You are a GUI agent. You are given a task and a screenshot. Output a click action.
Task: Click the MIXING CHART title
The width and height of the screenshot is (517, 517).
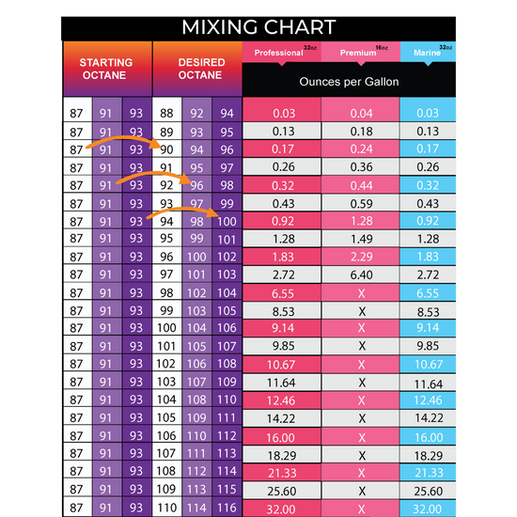(258, 25)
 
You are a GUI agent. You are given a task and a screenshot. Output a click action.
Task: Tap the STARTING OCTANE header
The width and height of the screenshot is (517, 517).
(106, 70)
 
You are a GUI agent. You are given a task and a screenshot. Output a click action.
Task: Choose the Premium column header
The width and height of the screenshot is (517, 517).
(360, 53)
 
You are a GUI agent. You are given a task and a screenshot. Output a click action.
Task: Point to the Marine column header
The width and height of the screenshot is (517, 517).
(428, 53)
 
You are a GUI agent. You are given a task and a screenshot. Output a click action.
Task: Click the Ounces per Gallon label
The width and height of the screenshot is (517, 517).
(349, 82)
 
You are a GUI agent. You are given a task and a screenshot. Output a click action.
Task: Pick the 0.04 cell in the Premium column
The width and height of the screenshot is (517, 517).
(361, 113)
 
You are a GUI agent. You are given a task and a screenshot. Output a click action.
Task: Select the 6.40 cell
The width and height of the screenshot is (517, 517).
(361, 274)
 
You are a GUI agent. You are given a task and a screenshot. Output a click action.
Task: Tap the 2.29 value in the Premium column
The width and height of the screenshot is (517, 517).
(361, 256)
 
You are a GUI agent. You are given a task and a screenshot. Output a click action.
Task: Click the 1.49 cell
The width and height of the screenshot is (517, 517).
(361, 238)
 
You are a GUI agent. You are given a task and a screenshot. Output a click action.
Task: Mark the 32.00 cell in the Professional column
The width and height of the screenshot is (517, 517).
(283, 507)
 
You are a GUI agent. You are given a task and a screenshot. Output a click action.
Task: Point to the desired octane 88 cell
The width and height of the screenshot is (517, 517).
(167, 113)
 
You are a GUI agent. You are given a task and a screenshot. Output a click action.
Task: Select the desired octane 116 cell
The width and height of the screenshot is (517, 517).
(227, 507)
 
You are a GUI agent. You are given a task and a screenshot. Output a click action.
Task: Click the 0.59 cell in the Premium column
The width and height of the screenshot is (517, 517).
(361, 202)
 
